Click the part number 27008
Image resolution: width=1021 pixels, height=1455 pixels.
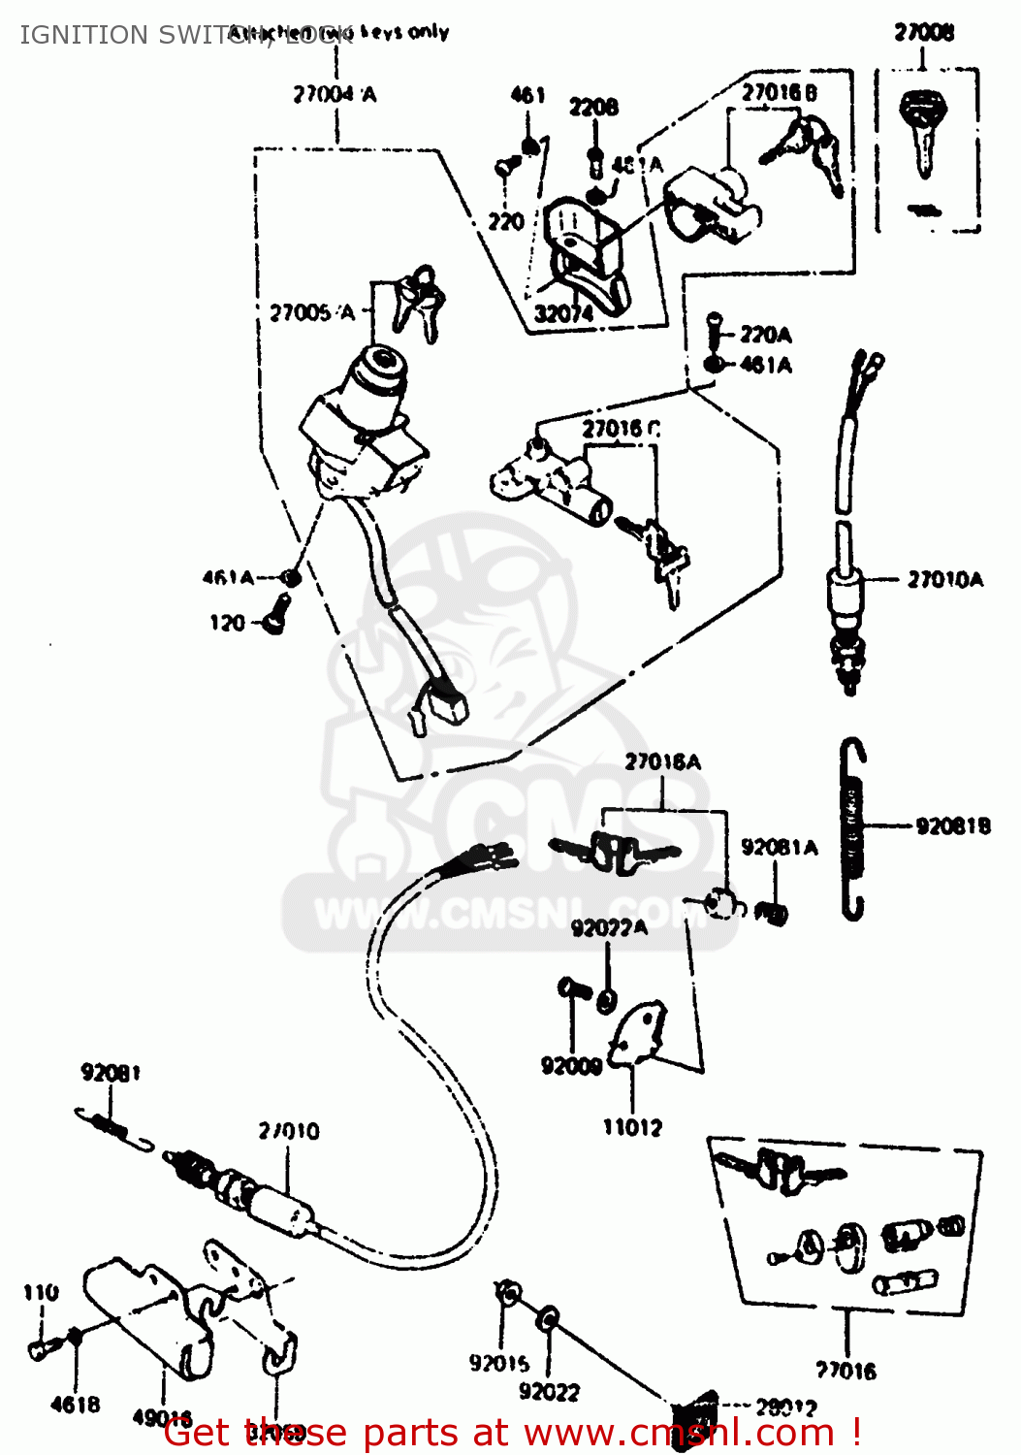click(923, 33)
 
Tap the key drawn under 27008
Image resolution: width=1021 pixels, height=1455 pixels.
click(922, 131)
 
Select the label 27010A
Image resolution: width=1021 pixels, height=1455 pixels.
click(944, 580)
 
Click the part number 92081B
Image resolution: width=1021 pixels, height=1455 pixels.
click(952, 825)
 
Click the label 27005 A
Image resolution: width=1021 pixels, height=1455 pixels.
click(312, 312)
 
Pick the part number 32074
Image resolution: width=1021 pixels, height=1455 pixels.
click(563, 313)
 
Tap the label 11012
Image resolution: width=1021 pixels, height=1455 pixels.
click(632, 1127)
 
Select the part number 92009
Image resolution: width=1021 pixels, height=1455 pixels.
click(571, 1066)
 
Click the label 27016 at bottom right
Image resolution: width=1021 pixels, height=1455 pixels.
click(846, 1371)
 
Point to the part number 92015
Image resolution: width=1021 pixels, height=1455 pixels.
click(499, 1364)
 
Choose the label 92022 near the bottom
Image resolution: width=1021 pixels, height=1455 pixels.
click(549, 1392)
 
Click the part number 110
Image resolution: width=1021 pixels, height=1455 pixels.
click(41, 1292)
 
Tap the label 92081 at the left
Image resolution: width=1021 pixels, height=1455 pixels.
click(111, 1072)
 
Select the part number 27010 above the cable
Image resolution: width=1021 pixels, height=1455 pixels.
click(289, 1131)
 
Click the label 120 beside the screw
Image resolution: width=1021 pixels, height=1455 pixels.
click(227, 623)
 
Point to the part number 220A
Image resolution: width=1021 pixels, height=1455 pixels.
click(765, 335)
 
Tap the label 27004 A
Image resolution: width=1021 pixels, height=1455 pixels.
click(335, 94)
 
